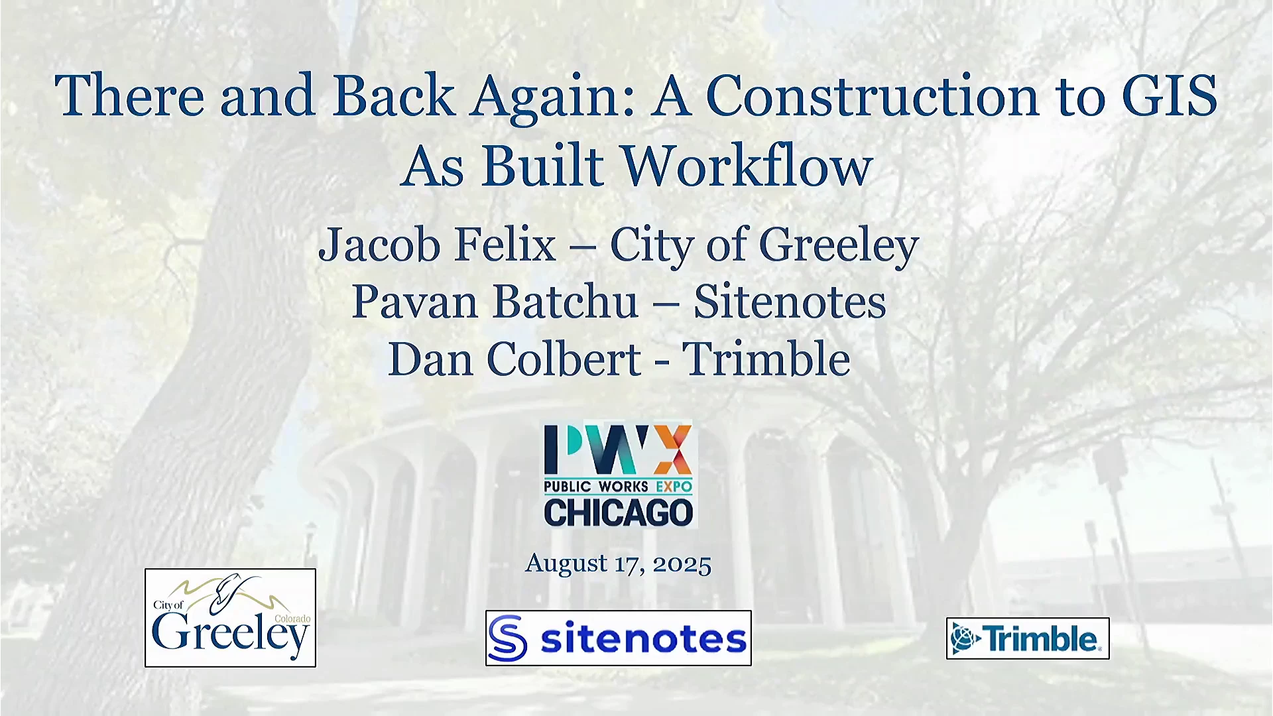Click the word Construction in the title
click(872, 96)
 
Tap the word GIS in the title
click(1170, 96)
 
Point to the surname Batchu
click(566, 302)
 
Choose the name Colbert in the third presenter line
click(564, 359)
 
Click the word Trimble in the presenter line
click(766, 359)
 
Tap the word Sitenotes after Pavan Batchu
click(790, 302)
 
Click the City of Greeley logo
click(230, 617)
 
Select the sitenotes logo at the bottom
click(619, 638)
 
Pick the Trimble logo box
click(1028, 638)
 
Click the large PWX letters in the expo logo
click(618, 450)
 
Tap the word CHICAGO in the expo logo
click(618, 513)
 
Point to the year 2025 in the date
click(682, 564)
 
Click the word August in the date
click(566, 564)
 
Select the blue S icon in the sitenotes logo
click(508, 638)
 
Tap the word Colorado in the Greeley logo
click(292, 619)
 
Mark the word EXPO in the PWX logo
click(674, 487)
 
